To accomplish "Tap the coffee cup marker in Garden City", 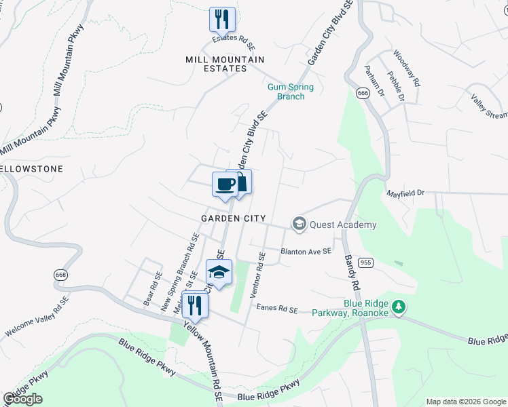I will (225, 184).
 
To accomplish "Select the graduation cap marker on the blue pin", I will (219, 273).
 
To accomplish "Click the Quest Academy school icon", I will (298, 224).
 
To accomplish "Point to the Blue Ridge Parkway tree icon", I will (400, 307).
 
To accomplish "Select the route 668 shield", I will (61, 275).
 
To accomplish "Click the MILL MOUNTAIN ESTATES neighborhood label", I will (225, 64).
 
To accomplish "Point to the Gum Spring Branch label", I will (286, 92).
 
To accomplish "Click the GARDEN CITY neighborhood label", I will (230, 218).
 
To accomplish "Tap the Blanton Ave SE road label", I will (306, 251).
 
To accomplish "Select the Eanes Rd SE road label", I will (277, 309).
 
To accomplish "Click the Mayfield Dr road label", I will (405, 193).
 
